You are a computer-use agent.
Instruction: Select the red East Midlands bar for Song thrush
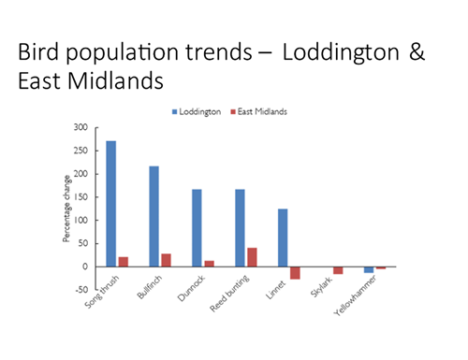[123, 261]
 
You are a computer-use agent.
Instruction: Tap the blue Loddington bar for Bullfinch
[154, 216]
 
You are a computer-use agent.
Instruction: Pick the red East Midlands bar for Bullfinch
[166, 260]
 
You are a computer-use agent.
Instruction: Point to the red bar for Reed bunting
[252, 257]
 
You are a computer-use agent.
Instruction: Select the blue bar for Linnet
[283, 238]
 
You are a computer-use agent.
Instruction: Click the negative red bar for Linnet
[295, 272]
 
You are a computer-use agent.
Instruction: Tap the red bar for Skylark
[338, 270]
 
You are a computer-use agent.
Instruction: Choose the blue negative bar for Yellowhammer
[369, 269]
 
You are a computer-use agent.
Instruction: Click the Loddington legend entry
[197, 111]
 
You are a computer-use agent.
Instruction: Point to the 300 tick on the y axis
[83, 127]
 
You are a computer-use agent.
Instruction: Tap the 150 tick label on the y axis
[83, 197]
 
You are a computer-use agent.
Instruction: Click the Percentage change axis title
[66, 209]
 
